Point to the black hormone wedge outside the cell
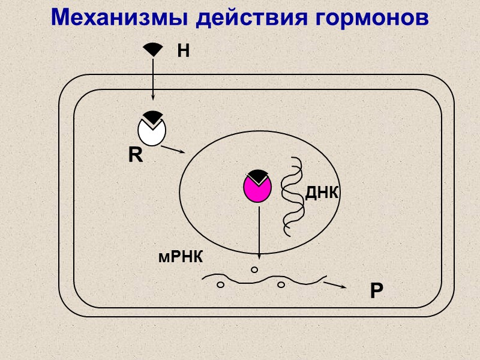tap(152, 49)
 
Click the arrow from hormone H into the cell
tap(152, 78)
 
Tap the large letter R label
tap(136, 156)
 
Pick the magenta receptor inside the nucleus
tap(257, 189)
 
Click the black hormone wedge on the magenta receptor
tap(258, 175)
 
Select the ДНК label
tap(322, 193)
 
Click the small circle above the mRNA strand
tap(254, 270)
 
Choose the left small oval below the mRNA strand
tap(220, 284)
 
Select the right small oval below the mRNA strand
tap(281, 285)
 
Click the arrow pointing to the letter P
tap(335, 284)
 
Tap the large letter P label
tap(376, 292)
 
